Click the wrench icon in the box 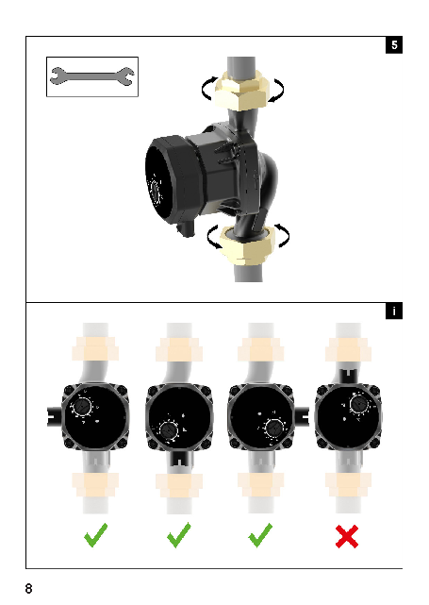[92, 76]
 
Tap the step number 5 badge [394, 44]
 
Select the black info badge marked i [394, 311]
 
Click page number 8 [29, 588]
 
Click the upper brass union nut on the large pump [241, 91]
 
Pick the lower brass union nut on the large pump [247, 245]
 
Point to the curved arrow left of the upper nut [208, 89]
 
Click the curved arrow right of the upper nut [277, 91]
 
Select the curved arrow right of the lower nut [282, 235]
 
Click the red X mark [347, 536]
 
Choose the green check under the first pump [95, 535]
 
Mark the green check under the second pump [179, 535]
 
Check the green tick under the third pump [260, 535]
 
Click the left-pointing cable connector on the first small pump [55, 417]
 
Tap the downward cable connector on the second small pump [179, 459]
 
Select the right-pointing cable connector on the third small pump [301, 417]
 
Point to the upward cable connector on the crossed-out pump [349, 377]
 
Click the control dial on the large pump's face [155, 191]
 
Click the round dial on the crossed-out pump [359, 404]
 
